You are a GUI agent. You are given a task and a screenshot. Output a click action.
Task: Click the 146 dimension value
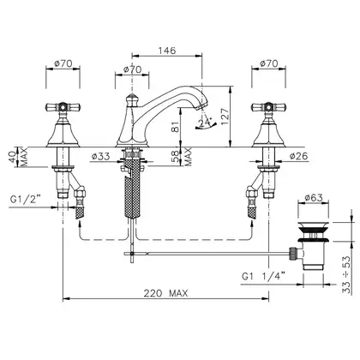(x=167, y=51)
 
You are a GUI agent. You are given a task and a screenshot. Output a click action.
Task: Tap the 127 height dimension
(x=225, y=116)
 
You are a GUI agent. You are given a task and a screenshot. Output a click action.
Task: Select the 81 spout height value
(x=177, y=125)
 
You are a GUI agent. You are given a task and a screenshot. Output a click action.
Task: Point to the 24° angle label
(x=205, y=122)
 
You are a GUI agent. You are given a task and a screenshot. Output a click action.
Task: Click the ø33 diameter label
(x=100, y=156)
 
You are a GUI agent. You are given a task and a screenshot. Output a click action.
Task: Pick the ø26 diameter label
(x=298, y=156)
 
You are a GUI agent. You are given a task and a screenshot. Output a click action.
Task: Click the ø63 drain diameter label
(x=314, y=197)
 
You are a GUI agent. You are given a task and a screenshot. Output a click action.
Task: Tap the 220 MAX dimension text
(x=165, y=293)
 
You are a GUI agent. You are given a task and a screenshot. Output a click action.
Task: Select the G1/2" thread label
(x=26, y=200)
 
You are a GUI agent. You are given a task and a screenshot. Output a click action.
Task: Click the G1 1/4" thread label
(x=263, y=277)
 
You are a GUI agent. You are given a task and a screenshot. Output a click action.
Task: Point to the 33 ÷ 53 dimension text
(x=346, y=274)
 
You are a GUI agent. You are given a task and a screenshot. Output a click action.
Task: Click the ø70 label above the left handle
(x=63, y=63)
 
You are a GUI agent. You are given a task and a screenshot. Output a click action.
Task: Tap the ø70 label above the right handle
(x=268, y=63)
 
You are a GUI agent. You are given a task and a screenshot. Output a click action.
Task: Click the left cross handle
(x=63, y=107)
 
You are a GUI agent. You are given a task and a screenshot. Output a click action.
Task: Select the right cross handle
(x=268, y=107)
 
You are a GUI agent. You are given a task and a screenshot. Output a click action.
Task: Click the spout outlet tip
(x=201, y=106)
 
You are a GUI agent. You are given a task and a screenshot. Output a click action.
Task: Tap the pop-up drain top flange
(x=314, y=224)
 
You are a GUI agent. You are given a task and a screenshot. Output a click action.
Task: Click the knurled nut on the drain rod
(x=292, y=254)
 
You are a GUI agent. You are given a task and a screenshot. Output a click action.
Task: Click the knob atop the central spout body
(x=132, y=99)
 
